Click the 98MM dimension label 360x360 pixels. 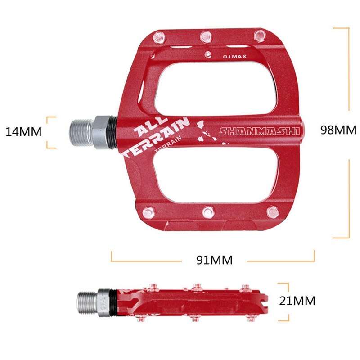[338, 130]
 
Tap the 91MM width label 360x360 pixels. [214, 260]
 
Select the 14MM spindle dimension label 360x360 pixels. [23, 132]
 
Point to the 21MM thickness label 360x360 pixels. [297, 301]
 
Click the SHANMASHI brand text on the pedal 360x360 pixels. [259, 131]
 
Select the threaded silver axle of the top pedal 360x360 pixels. [81, 132]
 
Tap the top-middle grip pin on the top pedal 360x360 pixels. [206, 35]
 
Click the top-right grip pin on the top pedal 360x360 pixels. [259, 35]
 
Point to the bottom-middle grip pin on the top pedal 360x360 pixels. [207, 211]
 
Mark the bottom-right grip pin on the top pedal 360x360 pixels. [272, 211]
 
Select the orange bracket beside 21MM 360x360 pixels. [284, 301]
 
